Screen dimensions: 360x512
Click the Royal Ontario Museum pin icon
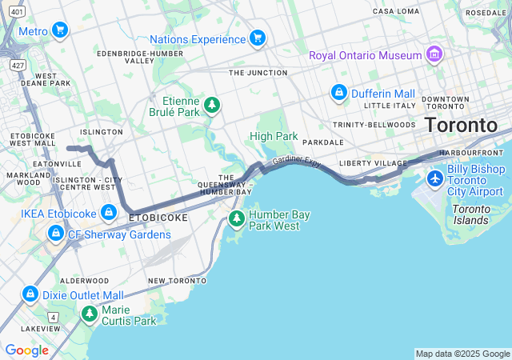[x=434, y=54]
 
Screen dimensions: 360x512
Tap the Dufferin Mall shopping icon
[x=339, y=93]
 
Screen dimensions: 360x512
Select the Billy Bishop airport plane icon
[x=435, y=177]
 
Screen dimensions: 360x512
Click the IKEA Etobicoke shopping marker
[x=109, y=213]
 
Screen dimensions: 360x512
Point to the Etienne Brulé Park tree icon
[x=212, y=106]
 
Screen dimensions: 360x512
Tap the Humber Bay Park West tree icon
[x=236, y=218]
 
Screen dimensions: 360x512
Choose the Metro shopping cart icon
[x=59, y=30]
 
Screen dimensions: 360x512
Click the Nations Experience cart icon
[x=257, y=38]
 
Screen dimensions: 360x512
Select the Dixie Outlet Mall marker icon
[x=30, y=294]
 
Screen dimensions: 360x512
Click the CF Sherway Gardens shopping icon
[x=55, y=234]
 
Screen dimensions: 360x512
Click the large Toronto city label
[x=460, y=126]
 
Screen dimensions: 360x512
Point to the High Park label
[x=273, y=136]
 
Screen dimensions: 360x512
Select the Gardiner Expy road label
[x=296, y=162]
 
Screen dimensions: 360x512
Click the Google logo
[x=26, y=350]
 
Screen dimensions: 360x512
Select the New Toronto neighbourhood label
[x=177, y=281]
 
